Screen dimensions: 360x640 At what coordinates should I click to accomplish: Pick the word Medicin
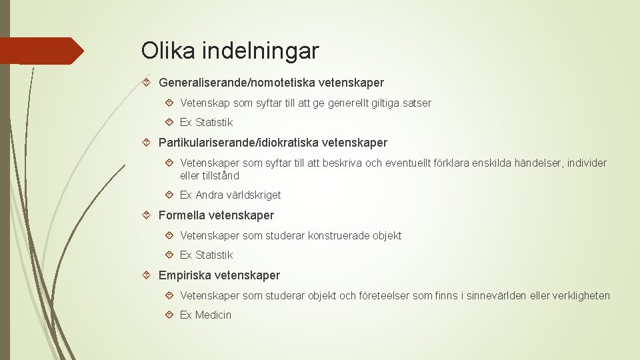click(x=213, y=315)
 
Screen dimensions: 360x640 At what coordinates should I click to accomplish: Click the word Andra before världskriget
click(x=209, y=195)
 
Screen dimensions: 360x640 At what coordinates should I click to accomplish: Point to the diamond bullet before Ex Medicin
click(x=169, y=315)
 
